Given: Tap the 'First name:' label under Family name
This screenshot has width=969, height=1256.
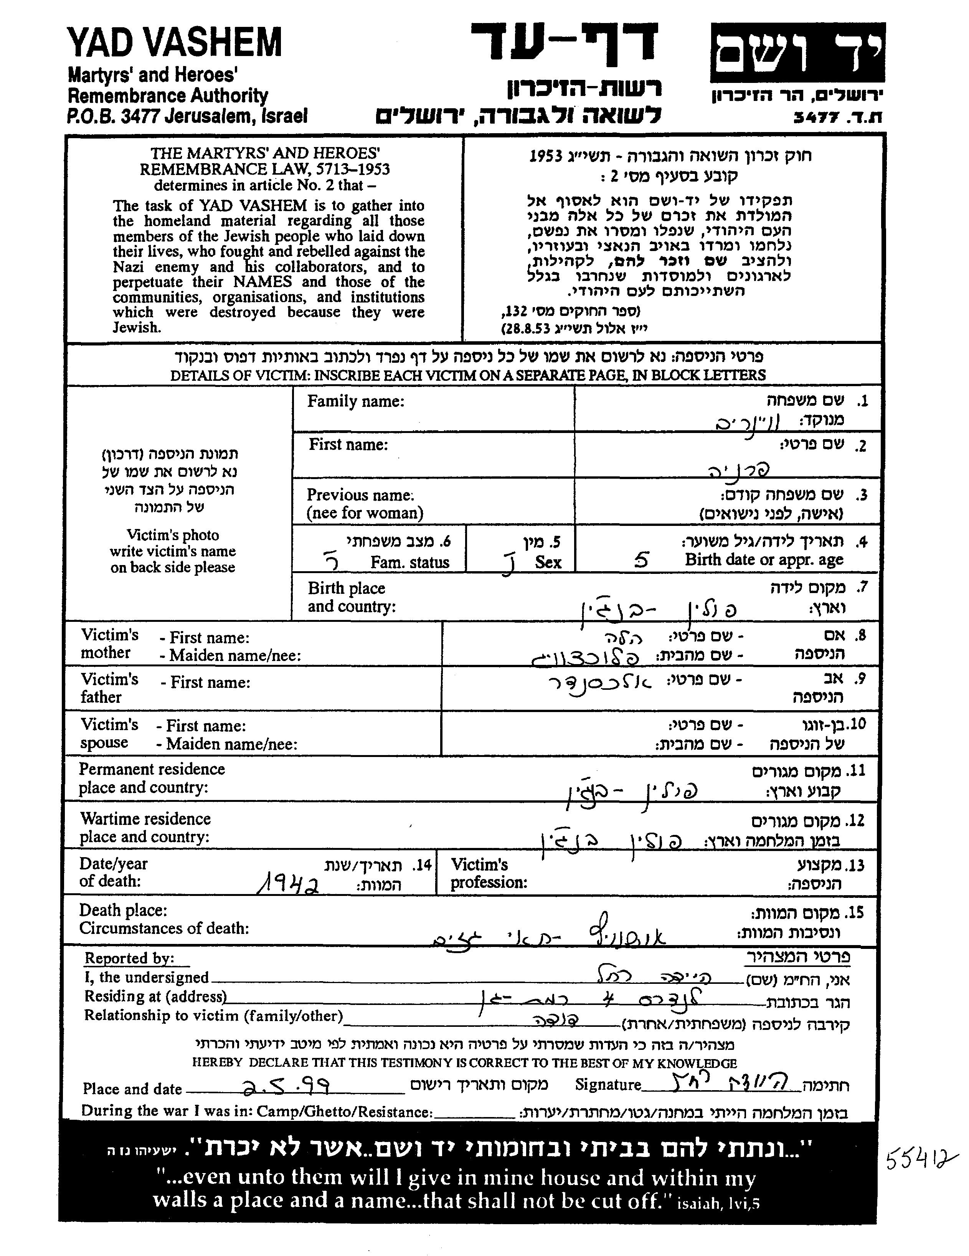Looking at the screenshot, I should (348, 445).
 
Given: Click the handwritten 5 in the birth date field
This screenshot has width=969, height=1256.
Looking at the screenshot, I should (642, 560).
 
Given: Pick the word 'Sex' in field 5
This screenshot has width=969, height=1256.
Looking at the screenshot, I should (548, 562).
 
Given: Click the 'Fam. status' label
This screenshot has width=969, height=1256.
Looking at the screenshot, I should (409, 562).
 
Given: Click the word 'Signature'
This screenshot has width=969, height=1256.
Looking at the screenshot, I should (608, 1085).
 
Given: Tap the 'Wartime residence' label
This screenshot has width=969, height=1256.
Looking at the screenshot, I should (145, 818).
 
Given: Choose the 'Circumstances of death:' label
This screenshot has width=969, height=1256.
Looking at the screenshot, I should (164, 928).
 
